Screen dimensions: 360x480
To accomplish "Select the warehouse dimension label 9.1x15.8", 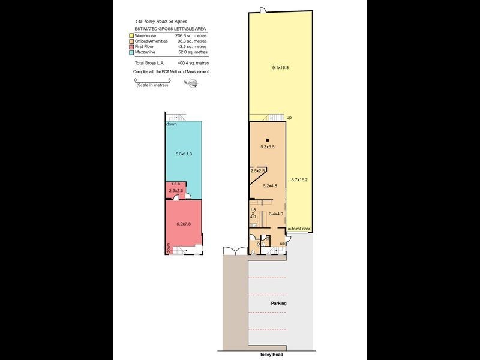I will click(280, 68).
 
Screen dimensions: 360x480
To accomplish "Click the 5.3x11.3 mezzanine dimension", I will click(184, 154).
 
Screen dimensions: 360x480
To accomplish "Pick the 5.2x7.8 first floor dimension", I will click(184, 224).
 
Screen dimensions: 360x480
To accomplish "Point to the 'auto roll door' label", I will click(299, 229).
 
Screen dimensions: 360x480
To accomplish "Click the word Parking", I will click(278, 303).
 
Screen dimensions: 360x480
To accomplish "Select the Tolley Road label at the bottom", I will click(271, 355).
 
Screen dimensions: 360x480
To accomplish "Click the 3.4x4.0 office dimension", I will click(276, 214).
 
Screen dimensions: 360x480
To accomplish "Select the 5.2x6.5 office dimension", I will click(268, 147).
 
